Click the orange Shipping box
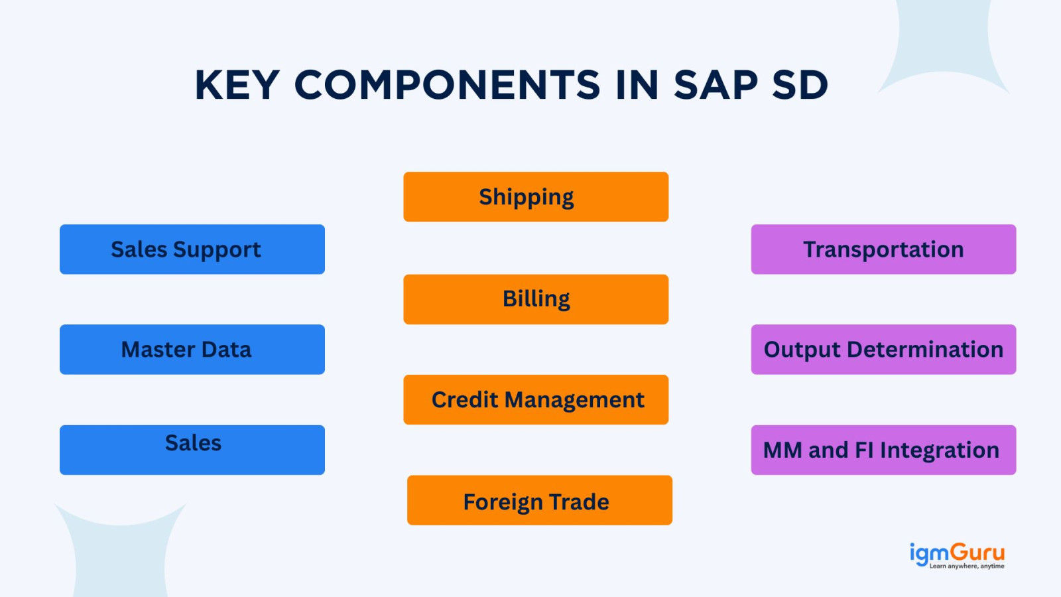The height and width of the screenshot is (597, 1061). (536, 196)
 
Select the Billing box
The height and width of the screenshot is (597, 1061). (536, 299)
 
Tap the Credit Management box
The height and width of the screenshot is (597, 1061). (536, 399)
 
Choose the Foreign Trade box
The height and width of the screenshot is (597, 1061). (540, 500)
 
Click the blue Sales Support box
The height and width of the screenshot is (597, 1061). (192, 249)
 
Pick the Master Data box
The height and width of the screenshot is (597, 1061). (192, 349)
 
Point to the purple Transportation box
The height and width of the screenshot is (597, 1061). (883, 249)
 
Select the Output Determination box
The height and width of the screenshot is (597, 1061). (883, 349)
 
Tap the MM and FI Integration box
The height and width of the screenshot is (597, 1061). (883, 450)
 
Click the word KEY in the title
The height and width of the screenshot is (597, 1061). (237, 86)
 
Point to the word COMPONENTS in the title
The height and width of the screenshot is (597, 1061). (447, 86)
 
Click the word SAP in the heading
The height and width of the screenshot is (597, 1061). (716, 86)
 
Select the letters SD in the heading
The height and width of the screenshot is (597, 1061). (800, 86)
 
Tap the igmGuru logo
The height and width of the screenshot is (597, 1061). (957, 555)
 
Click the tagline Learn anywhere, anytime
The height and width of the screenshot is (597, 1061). (967, 566)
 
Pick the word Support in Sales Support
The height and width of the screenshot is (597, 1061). (217, 250)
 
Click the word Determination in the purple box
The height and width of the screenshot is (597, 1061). (925, 350)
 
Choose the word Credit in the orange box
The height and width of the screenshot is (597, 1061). (465, 400)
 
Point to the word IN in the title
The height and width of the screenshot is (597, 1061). (637, 86)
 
